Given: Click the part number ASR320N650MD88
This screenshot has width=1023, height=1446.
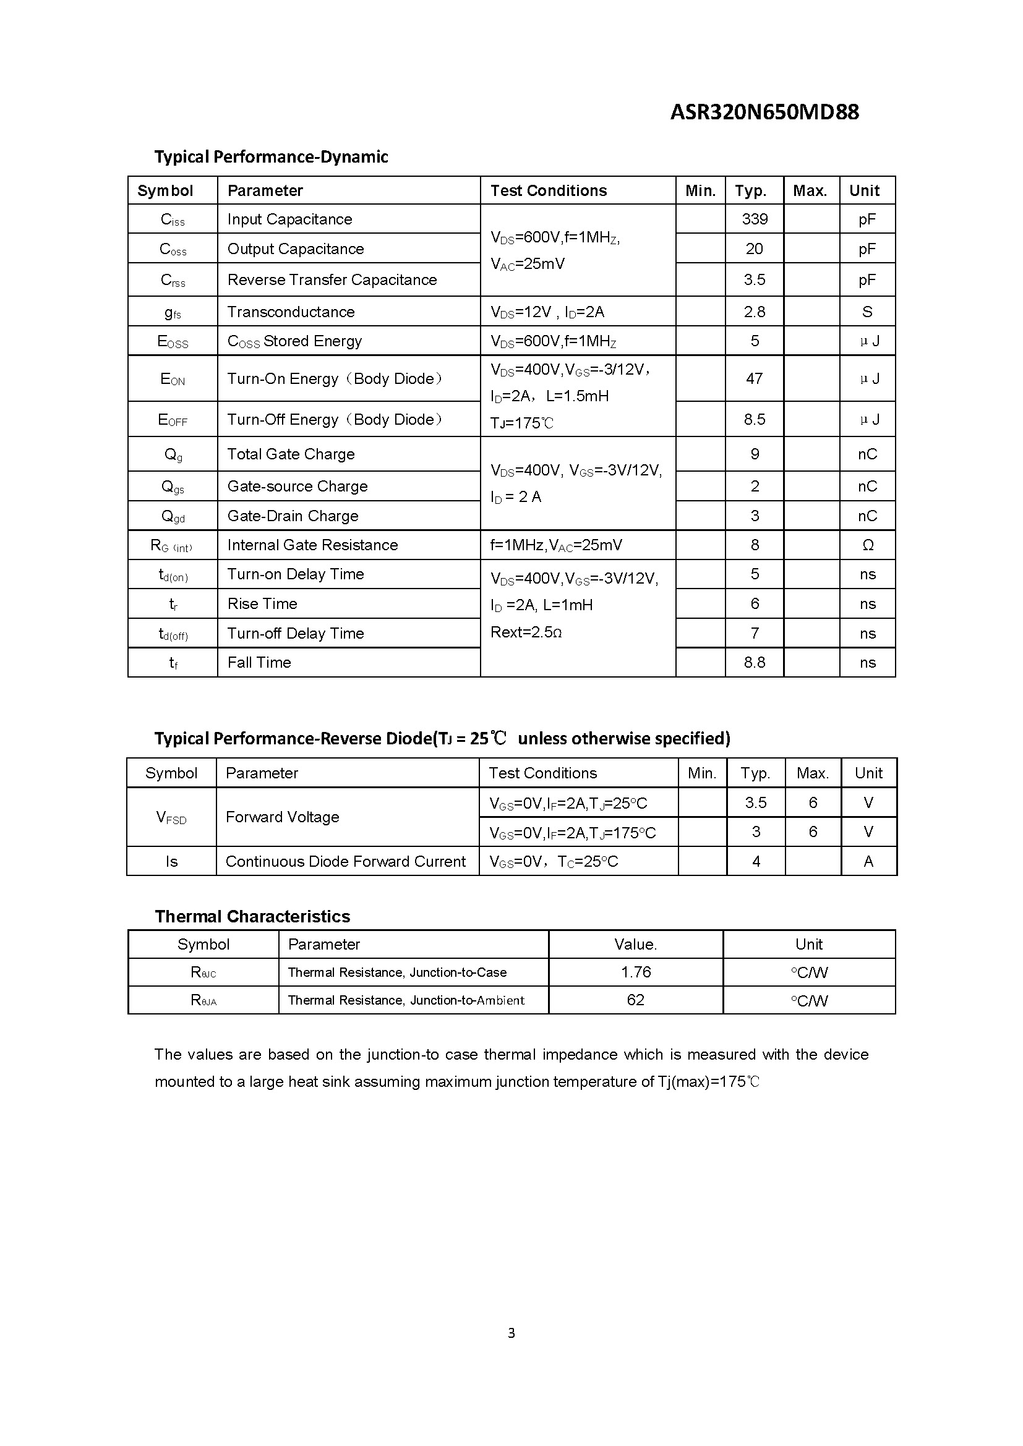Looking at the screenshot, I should (764, 112).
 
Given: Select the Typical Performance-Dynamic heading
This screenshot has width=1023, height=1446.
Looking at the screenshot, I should (271, 157).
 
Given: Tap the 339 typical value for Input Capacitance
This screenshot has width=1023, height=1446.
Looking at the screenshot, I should (754, 219).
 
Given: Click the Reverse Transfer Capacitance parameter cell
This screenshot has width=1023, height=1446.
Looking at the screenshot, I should (332, 279).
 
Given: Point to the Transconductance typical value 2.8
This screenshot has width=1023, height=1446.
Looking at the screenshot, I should (754, 312).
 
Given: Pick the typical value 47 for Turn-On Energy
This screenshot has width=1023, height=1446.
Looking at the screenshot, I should (754, 378).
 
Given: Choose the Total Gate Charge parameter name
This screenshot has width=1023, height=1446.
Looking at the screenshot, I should (291, 454).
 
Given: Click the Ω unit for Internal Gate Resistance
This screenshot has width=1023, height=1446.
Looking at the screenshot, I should (867, 545).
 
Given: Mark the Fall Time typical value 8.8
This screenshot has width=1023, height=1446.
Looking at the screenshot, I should (754, 663).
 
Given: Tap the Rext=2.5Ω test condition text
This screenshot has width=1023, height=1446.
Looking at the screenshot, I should (526, 632).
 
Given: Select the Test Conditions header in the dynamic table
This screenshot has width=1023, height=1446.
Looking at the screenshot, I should (548, 191).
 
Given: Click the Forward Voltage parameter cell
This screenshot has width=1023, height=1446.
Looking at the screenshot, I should (282, 817).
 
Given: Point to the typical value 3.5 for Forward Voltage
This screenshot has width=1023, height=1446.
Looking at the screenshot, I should (755, 803).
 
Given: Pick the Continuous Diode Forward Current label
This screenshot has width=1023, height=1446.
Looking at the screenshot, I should (345, 862).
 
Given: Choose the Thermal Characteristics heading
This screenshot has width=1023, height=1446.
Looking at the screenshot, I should (252, 916).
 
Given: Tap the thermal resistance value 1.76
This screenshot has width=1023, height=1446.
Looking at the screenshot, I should (636, 972).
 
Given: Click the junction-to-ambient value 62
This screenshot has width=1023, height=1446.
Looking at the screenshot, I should (636, 1000).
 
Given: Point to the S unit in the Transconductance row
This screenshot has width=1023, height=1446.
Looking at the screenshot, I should (867, 312).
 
